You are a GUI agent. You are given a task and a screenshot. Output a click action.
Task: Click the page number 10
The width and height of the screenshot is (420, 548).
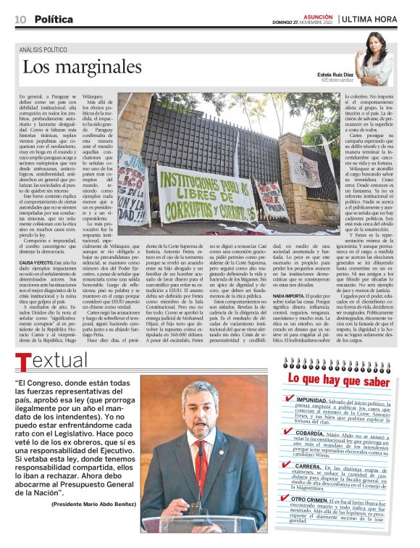pos(20,19)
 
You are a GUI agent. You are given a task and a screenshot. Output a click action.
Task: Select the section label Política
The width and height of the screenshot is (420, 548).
pos(54,19)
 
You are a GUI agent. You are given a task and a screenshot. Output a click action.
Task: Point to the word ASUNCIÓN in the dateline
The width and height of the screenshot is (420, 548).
pos(319,15)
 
